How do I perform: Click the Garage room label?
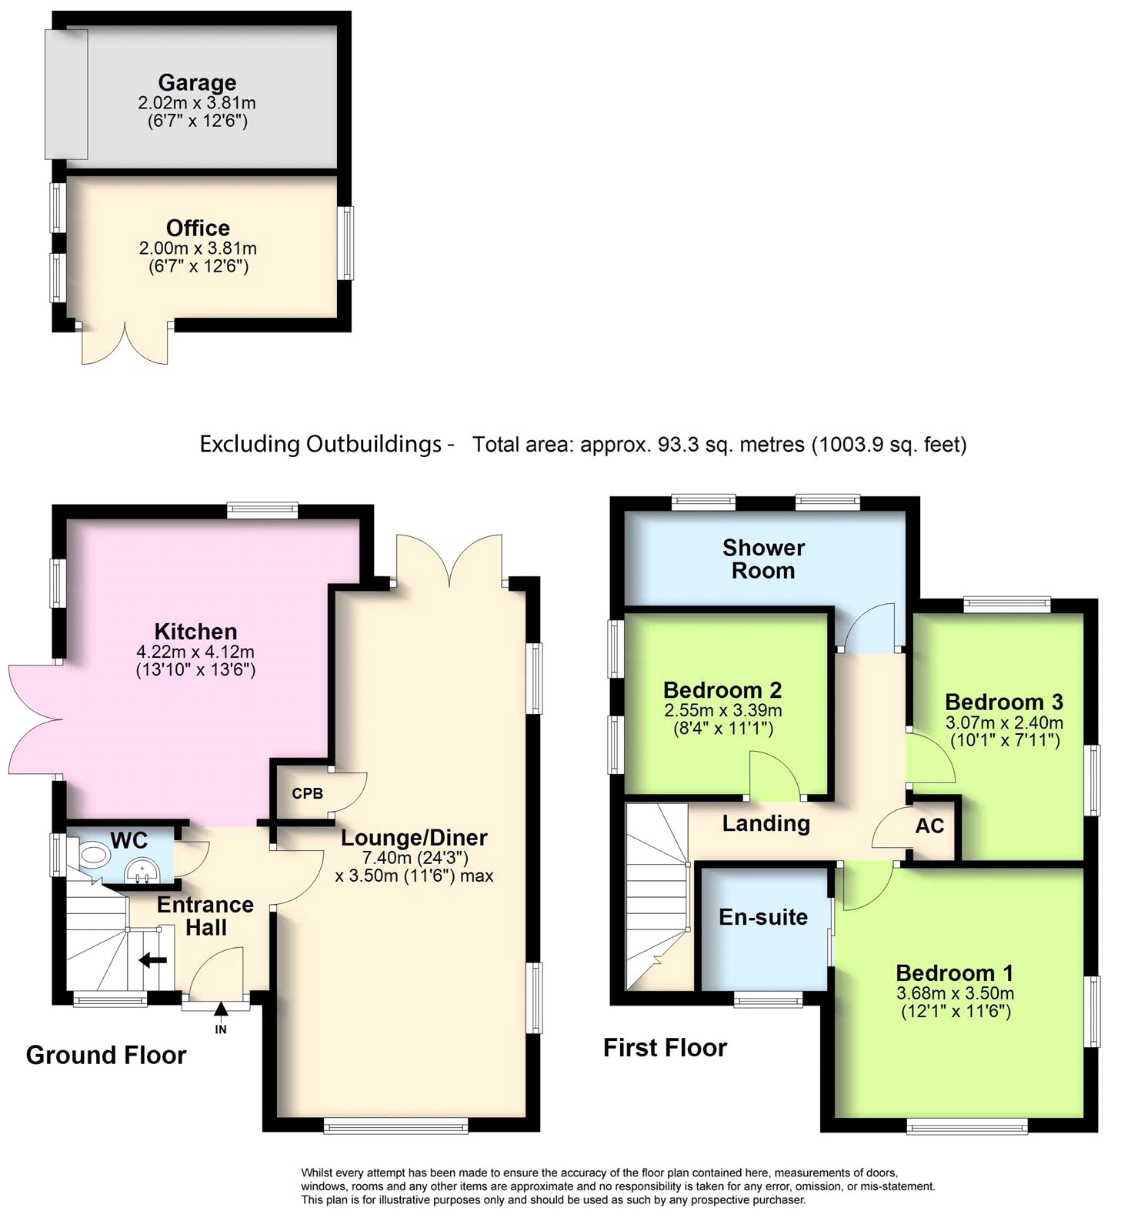tap(197, 82)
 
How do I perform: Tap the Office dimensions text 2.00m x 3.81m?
tap(198, 249)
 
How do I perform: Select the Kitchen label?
tap(195, 632)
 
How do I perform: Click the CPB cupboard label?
tap(307, 793)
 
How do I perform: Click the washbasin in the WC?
tap(142, 871)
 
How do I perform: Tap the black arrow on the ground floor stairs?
tap(152, 960)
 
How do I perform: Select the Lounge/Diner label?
tap(414, 838)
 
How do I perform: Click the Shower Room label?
tap(763, 559)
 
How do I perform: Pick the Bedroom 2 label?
tap(722, 690)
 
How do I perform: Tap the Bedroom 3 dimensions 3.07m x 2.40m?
tap(1004, 722)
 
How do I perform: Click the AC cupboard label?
tap(929, 826)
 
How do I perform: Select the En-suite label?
tap(763, 917)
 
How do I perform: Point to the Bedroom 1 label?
tap(955, 973)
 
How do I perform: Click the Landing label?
tap(766, 824)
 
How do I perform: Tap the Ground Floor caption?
tap(106, 1055)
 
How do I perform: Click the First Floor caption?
tap(665, 1048)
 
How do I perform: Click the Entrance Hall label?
tap(205, 916)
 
